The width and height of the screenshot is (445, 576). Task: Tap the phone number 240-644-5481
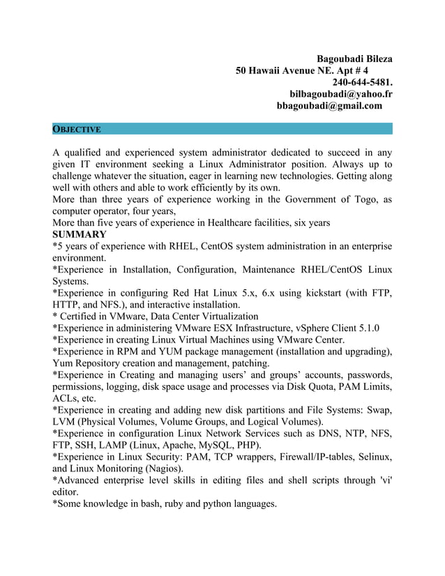(362, 82)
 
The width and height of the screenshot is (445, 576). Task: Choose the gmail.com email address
(330, 105)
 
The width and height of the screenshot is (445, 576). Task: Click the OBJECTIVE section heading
(77, 130)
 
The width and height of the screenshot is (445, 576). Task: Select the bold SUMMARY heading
(80, 234)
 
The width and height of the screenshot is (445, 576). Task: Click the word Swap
(378, 411)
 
